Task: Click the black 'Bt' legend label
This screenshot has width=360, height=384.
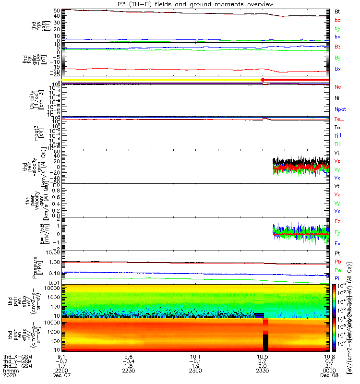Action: point(337,11)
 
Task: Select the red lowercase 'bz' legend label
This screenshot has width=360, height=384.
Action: point(337,20)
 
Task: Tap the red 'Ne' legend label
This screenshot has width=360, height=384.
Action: point(337,87)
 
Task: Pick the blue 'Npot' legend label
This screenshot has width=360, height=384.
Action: point(340,109)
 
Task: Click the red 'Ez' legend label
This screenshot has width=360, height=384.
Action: point(337,221)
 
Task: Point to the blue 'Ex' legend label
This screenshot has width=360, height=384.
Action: point(337,243)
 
